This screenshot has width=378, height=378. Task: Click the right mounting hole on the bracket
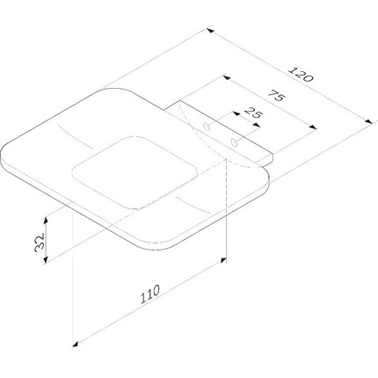click(x=234, y=141)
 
